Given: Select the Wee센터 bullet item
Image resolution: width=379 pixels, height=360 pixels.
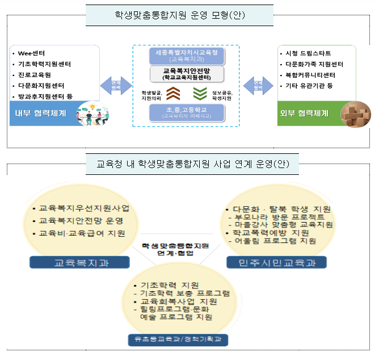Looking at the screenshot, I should click(31, 54).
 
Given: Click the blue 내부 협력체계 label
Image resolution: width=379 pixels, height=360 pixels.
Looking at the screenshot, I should click(38, 113).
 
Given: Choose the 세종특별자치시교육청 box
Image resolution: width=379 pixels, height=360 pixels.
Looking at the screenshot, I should click(187, 55).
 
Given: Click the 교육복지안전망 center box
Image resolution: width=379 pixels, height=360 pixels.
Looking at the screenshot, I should click(187, 73).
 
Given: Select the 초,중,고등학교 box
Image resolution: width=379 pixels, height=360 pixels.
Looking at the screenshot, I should click(187, 111).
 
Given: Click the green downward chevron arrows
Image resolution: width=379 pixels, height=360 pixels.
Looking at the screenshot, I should click(200, 93).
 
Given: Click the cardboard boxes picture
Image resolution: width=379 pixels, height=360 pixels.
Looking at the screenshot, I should click(355, 114).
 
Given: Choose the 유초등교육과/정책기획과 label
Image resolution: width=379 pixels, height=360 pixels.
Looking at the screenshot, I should click(178, 340).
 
